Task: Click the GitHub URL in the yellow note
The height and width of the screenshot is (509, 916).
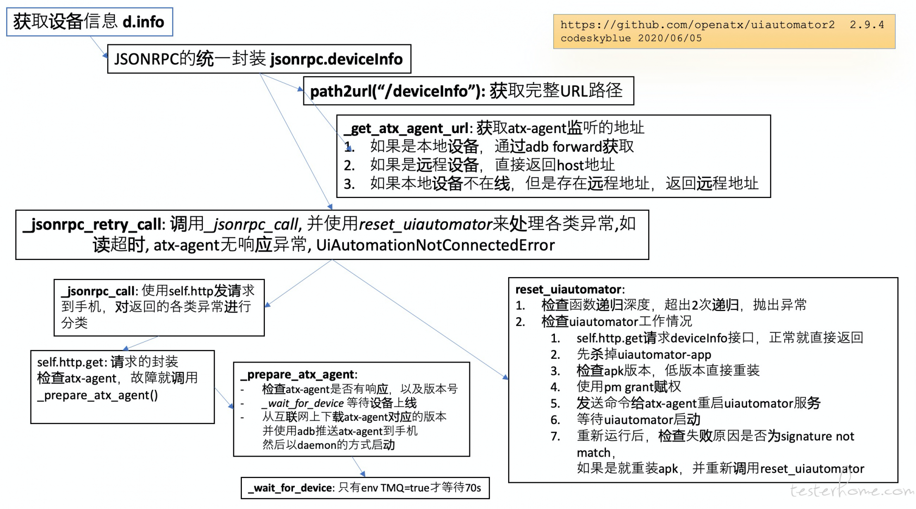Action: pyautogui.click(x=697, y=25)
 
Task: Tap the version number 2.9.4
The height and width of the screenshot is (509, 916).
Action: pyautogui.click(x=867, y=25)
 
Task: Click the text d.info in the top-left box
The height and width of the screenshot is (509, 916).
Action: pyautogui.click(x=143, y=22)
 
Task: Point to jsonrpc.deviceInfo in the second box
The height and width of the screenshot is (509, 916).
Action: pyautogui.click(x=336, y=59)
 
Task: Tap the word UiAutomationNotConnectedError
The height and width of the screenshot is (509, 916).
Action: pyautogui.click(x=435, y=245)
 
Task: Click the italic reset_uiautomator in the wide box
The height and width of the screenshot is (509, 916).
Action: pyautogui.click(x=425, y=224)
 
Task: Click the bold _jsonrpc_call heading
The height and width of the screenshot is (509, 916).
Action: pyautogui.click(x=100, y=291)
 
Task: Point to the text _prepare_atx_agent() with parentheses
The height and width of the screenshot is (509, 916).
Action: pyautogui.click(x=97, y=395)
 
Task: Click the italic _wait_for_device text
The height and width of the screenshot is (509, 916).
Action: pyautogui.click(x=302, y=403)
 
